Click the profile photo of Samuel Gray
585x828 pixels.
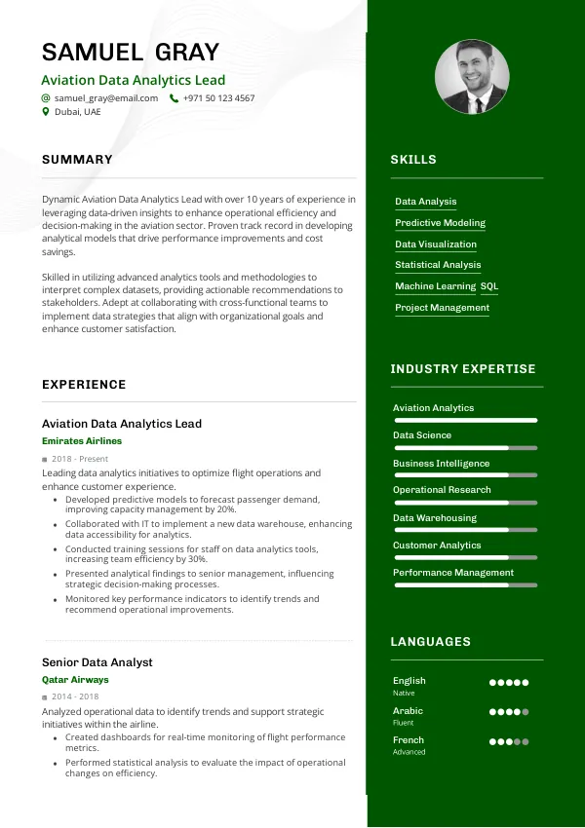pos(471,77)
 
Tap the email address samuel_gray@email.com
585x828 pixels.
pos(106,98)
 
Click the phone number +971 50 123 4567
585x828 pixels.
pos(218,98)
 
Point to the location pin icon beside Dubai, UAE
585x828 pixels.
pos(45,112)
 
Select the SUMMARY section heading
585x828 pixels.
pos(77,160)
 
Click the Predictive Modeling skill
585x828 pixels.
pos(440,223)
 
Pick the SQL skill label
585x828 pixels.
pos(489,286)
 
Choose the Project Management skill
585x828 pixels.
pos(442,308)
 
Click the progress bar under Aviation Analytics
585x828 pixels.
pos(465,421)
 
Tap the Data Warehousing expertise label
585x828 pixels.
pos(435,518)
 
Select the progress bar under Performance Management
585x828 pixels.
pos(465,585)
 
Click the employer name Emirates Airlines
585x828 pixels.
pos(82,441)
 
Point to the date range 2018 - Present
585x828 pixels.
pos(80,459)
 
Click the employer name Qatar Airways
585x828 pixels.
pos(75,680)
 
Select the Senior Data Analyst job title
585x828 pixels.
pos(97,662)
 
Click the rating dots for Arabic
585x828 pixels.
pos(509,712)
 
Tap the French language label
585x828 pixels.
pos(409,740)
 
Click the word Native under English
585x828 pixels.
pos(404,694)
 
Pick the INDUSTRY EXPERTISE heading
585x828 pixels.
pos(463,369)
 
